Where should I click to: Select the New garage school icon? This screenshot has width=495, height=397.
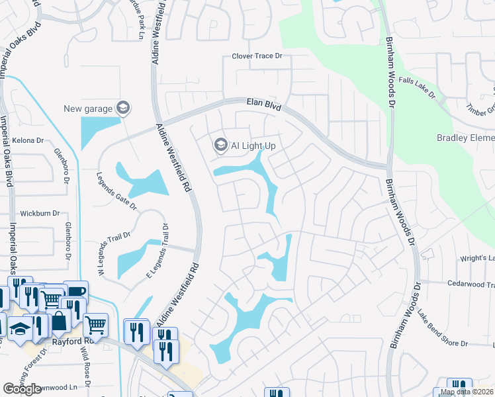pos(122,108)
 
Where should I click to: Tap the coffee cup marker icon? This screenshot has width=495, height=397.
pos(75,291)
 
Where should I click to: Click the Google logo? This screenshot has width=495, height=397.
pos(22,389)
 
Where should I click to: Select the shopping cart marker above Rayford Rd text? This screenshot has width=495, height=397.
pos(96,324)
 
